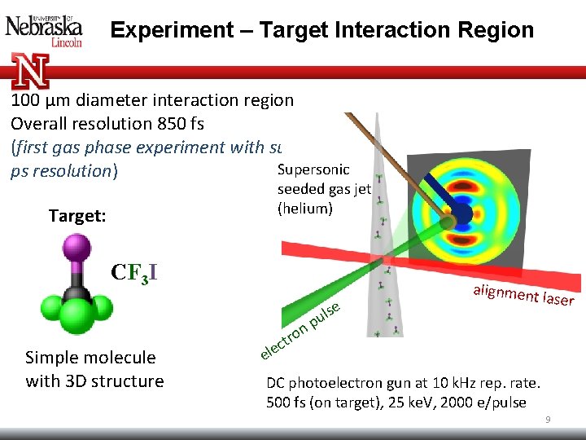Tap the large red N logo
(x=31, y=72)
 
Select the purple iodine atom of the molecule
(x=77, y=247)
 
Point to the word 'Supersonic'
(x=313, y=169)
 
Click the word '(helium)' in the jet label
(x=305, y=209)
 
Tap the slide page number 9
(x=548, y=420)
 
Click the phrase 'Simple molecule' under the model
(x=90, y=358)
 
